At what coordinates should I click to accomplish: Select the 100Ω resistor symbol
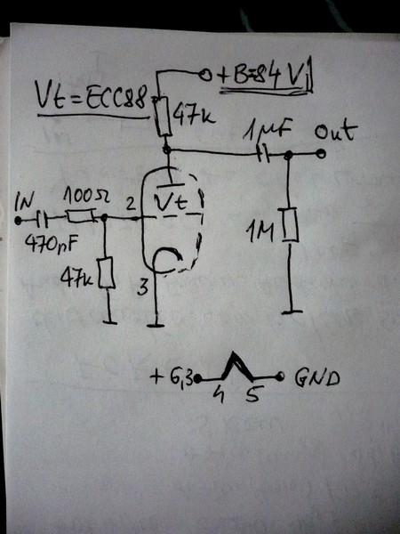[x=82, y=216]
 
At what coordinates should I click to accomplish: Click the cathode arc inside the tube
[x=170, y=258]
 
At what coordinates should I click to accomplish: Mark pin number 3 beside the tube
[x=141, y=287]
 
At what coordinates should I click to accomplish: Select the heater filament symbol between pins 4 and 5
[x=232, y=366]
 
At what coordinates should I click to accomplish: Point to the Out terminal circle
[x=320, y=153]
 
